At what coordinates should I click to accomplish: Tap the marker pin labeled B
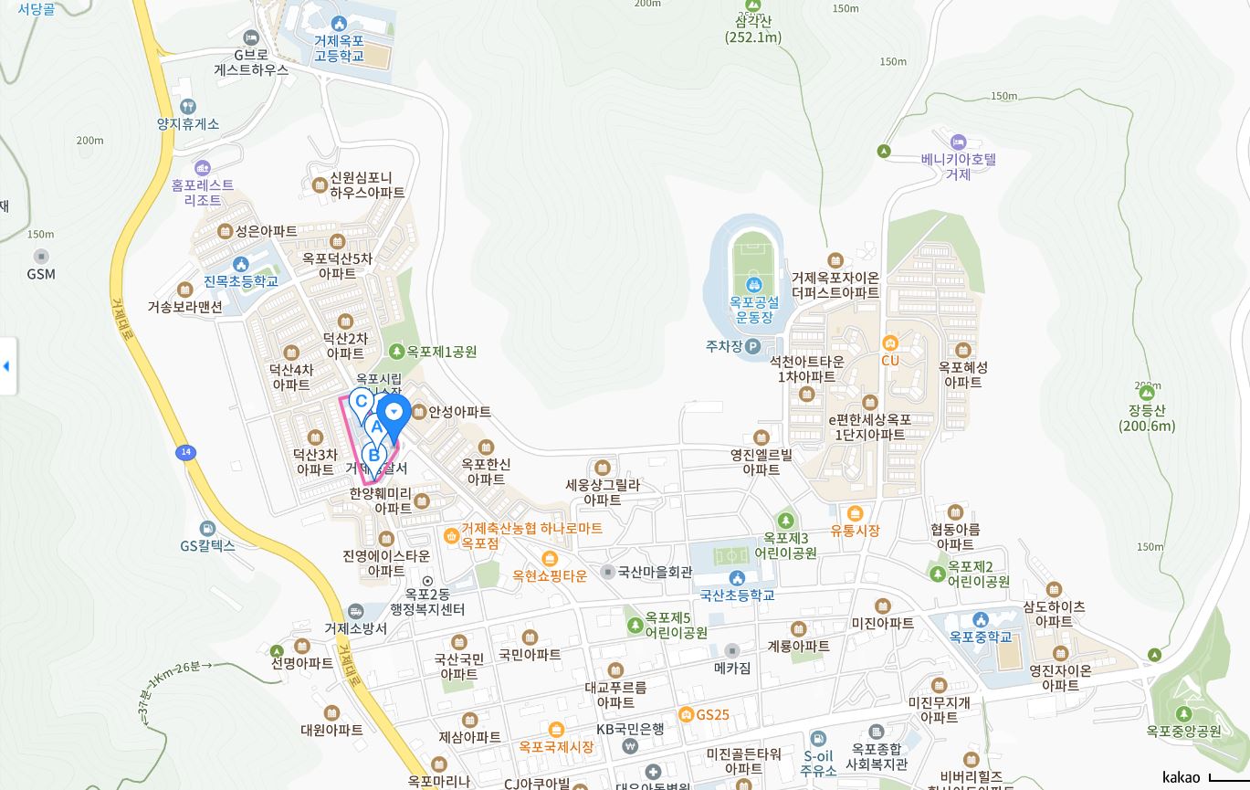pyautogui.click(x=373, y=454)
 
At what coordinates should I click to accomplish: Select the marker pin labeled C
pyautogui.click(x=362, y=400)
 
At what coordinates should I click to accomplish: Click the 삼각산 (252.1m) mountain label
pyautogui.click(x=753, y=29)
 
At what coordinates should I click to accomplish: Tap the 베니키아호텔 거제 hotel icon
pyautogui.click(x=958, y=142)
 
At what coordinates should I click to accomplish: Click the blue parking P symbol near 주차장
pyautogui.click(x=752, y=346)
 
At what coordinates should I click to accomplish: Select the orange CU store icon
pyautogui.click(x=890, y=343)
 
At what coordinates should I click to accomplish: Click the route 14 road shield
pyautogui.click(x=185, y=452)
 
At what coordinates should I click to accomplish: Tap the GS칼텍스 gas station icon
pyautogui.click(x=208, y=529)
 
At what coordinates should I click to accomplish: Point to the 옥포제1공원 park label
pyautogui.click(x=441, y=352)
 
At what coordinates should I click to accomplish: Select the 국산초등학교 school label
pyautogui.click(x=737, y=595)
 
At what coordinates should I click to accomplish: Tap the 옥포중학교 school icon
pyautogui.click(x=981, y=621)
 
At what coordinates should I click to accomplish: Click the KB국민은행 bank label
pyautogui.click(x=630, y=729)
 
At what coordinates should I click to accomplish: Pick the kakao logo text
pyautogui.click(x=1182, y=777)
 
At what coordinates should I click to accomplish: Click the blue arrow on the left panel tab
pyautogui.click(x=6, y=366)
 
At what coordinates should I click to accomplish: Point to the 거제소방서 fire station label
pyautogui.click(x=355, y=628)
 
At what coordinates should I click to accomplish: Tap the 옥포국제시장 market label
pyautogui.click(x=556, y=746)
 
